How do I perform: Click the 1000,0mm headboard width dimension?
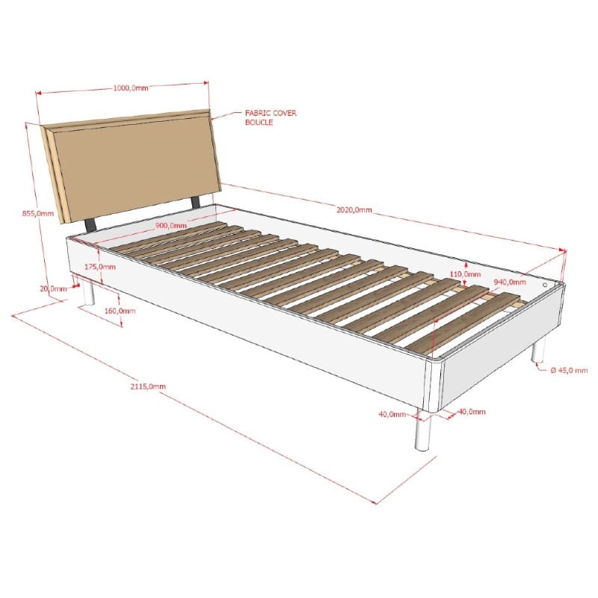[131, 88]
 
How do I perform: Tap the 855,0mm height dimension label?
[38, 214]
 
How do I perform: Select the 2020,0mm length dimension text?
[354, 210]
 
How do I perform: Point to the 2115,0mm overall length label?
[148, 386]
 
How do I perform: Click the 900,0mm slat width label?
[171, 226]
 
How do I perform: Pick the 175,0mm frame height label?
[100, 267]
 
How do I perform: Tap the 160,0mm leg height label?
[120, 311]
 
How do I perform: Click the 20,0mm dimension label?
[53, 289]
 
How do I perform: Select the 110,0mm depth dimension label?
[465, 274]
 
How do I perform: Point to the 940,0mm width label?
[510, 283]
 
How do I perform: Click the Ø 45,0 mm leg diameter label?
[569, 370]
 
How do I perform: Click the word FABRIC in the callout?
[257, 113]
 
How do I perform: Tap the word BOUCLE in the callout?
[259, 123]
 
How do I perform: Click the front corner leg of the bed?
[423, 430]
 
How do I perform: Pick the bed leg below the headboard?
[89, 292]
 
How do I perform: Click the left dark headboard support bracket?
[90, 225]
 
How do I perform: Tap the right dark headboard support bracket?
[196, 202]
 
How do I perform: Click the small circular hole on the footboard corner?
[545, 285]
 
